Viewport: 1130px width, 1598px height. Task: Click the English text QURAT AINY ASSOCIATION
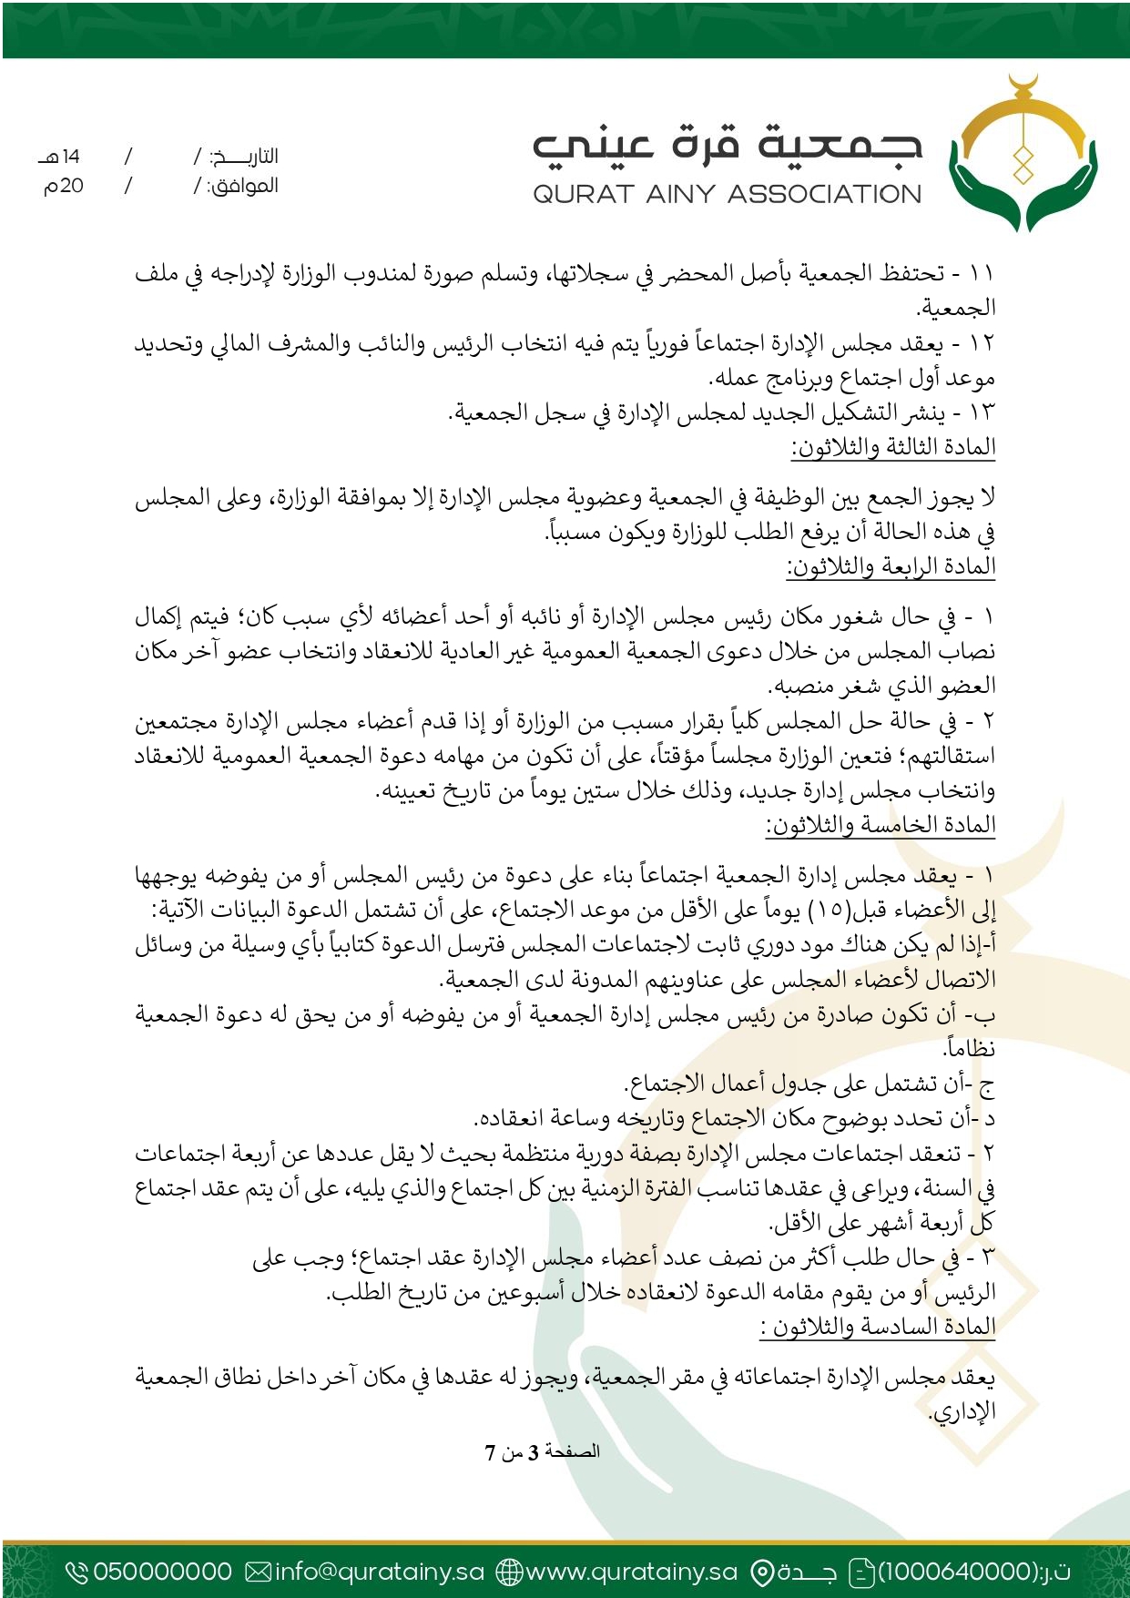pos(727,194)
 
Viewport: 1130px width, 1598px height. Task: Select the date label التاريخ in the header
pos(243,157)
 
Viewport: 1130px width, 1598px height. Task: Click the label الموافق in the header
pos(243,186)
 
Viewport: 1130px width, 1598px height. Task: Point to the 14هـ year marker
pos(60,157)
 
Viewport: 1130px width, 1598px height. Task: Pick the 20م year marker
pos(64,186)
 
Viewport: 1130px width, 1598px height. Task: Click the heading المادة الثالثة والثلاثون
pos(893,447)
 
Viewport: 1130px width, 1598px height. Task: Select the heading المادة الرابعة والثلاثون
pos(891,566)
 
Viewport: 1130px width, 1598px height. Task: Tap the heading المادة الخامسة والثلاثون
pos(881,825)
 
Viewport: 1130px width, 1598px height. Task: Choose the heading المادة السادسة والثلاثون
pos(878,1327)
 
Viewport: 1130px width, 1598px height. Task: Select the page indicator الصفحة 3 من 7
pos(542,1451)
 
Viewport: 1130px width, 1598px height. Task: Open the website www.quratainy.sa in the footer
pos(631,1572)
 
